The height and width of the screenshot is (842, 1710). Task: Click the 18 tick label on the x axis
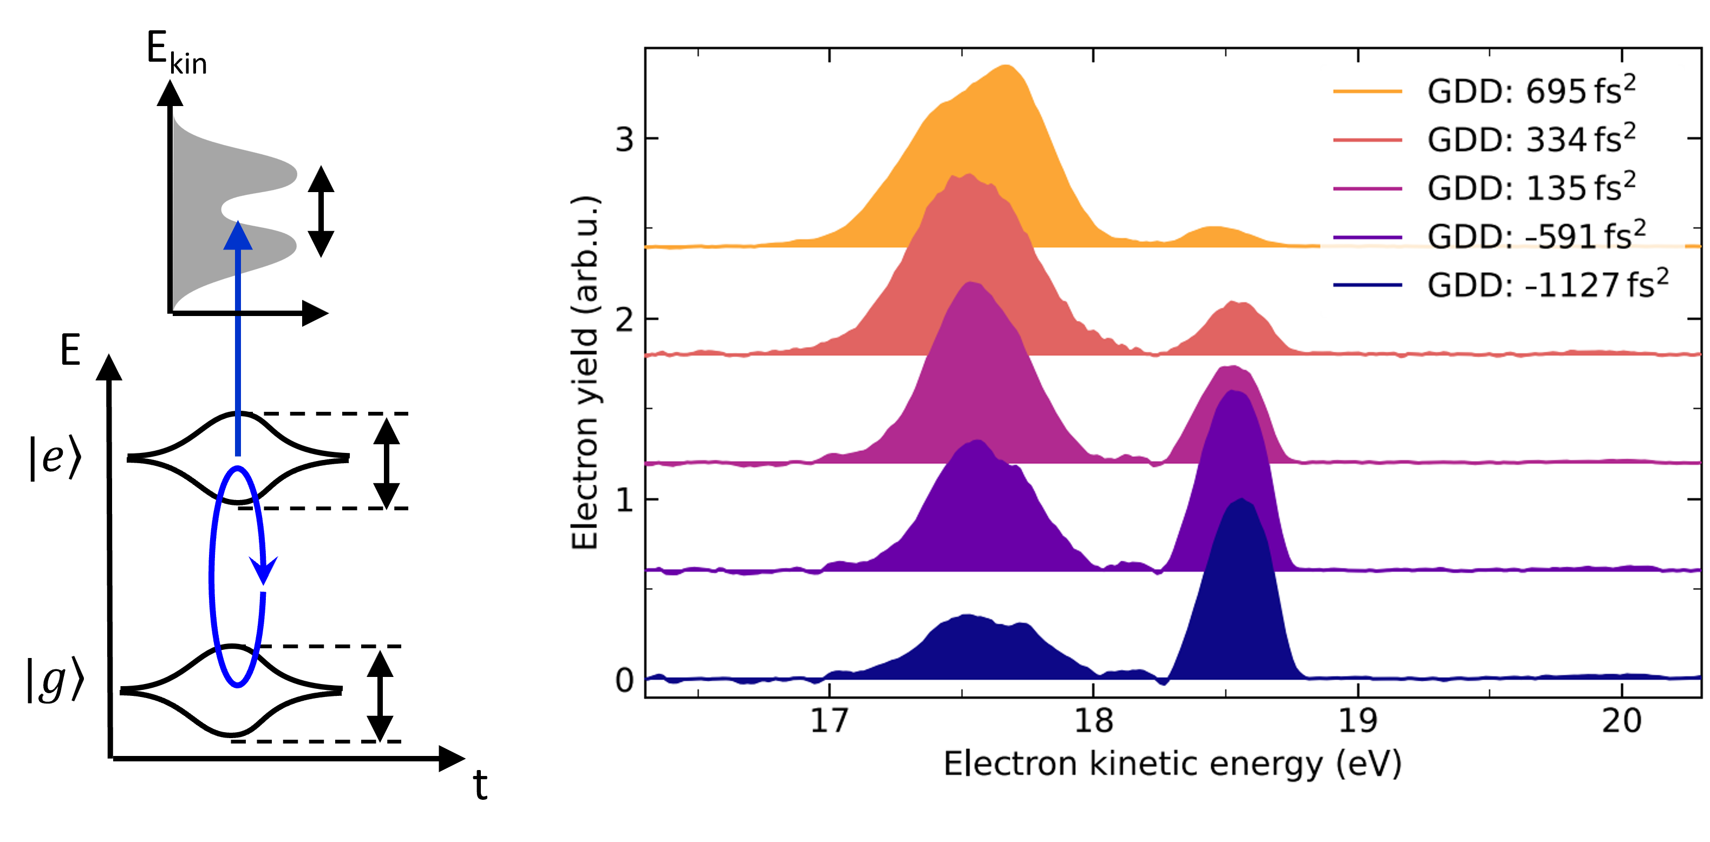[1093, 721]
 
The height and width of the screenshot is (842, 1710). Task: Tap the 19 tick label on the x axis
[1357, 721]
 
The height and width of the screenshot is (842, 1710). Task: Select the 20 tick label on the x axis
[1622, 721]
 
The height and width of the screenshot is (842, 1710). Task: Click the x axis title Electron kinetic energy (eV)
[1172, 765]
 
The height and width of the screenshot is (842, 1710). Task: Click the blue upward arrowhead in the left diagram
[238, 237]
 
